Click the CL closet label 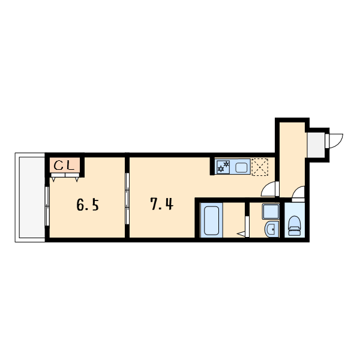[x=64, y=166]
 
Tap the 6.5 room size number [x=88, y=205]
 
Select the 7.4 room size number [x=162, y=204]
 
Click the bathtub [x=211, y=220]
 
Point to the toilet [x=295, y=226]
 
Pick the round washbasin [x=272, y=229]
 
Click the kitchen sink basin [x=241, y=167]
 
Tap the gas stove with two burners [x=223, y=166]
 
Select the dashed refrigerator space [x=260, y=167]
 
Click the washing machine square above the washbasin [x=271, y=211]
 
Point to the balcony [x=31, y=197]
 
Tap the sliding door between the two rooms [x=127, y=199]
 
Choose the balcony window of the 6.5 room [x=47, y=206]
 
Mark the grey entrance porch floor [x=316, y=145]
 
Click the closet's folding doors [x=65, y=177]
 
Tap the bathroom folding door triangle [x=241, y=234]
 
